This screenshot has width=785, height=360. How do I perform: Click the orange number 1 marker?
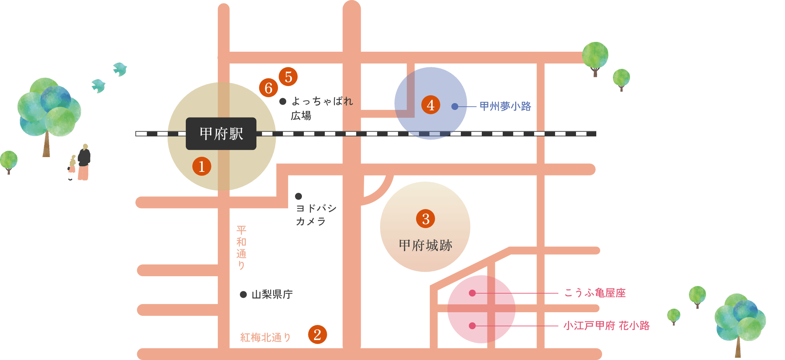tap(201, 166)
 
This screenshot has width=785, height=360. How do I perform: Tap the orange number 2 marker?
tap(317, 334)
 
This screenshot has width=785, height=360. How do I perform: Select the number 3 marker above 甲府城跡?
tap(425, 219)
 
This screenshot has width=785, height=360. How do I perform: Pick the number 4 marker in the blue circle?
tap(430, 105)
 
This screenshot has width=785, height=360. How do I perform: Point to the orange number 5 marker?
tap(288, 77)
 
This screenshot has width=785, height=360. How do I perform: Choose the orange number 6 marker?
tap(269, 88)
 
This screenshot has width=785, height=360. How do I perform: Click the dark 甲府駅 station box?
tap(221, 134)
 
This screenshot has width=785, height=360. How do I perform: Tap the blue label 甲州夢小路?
tap(505, 106)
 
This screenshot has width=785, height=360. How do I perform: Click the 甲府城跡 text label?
tap(425, 245)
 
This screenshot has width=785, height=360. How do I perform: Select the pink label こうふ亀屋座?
tap(595, 293)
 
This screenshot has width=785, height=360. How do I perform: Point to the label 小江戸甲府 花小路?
tap(606, 326)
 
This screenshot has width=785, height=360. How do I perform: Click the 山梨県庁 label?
tap(272, 295)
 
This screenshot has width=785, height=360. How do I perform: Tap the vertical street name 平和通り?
tap(241, 247)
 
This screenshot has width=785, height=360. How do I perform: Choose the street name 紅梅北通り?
tap(265, 337)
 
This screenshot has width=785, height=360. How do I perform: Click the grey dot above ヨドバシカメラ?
tap(298, 196)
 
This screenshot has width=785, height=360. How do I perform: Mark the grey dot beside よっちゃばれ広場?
tap(283, 101)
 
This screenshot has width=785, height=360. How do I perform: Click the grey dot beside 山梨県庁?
tap(243, 295)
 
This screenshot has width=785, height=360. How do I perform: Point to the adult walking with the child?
tap(84, 162)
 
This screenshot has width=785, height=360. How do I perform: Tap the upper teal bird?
tap(120, 69)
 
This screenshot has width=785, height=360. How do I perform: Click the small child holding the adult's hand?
tap(72, 167)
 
